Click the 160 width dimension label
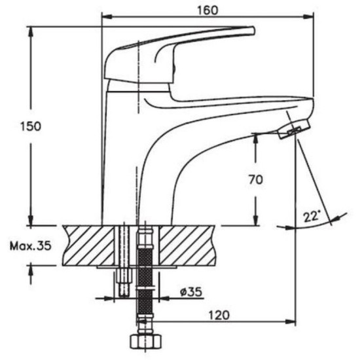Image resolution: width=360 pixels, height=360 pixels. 207,10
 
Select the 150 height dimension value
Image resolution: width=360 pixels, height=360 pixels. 31,126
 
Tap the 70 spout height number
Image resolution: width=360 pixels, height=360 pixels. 255,179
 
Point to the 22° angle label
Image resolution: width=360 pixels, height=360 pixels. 312,216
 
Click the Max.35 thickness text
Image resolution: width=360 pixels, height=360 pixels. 30,246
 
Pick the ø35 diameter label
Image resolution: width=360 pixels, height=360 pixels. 191,292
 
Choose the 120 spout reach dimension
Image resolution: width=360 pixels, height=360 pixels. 219,315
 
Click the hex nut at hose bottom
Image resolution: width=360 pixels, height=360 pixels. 145,342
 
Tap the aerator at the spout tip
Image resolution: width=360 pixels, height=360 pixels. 295,129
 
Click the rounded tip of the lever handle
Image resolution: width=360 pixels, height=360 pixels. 252,31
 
